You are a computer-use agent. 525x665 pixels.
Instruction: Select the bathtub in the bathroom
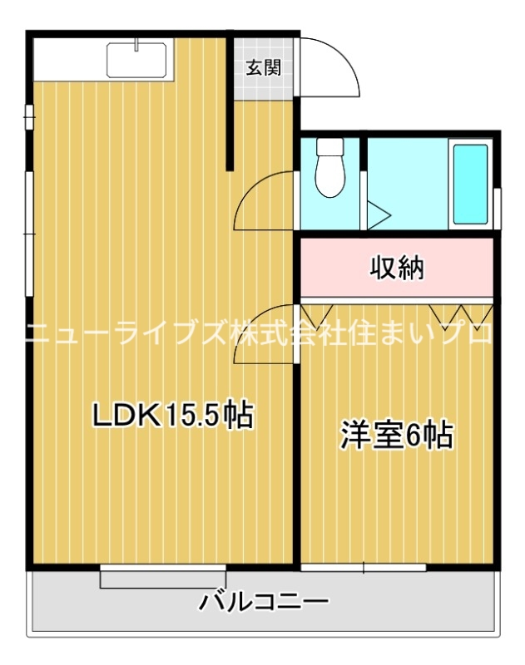[x=470, y=184]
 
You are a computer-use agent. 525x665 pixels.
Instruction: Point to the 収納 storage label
[x=397, y=268]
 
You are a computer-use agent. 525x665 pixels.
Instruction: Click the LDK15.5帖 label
[x=172, y=414]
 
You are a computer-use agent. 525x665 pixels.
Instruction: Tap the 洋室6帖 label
[x=397, y=435]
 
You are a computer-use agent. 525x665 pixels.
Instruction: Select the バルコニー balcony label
[x=264, y=601]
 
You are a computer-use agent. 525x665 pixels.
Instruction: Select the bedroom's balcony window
[x=364, y=568]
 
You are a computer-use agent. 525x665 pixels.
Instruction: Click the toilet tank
[x=330, y=149]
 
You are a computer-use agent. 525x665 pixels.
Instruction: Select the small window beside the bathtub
[x=498, y=208]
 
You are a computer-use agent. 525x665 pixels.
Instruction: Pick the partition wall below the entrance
[x=231, y=133]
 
